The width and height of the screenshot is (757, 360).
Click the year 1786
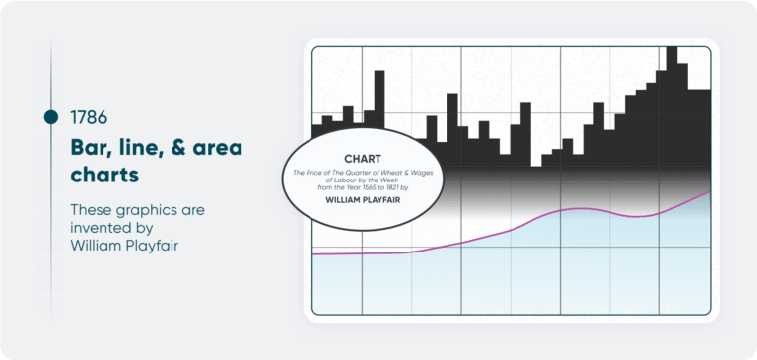point(89,117)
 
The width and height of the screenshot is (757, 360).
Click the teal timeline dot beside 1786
point(51,117)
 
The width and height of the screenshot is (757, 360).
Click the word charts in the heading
point(104,175)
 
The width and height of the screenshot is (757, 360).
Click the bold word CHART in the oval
point(362,159)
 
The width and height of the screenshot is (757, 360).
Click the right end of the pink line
point(709,191)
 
